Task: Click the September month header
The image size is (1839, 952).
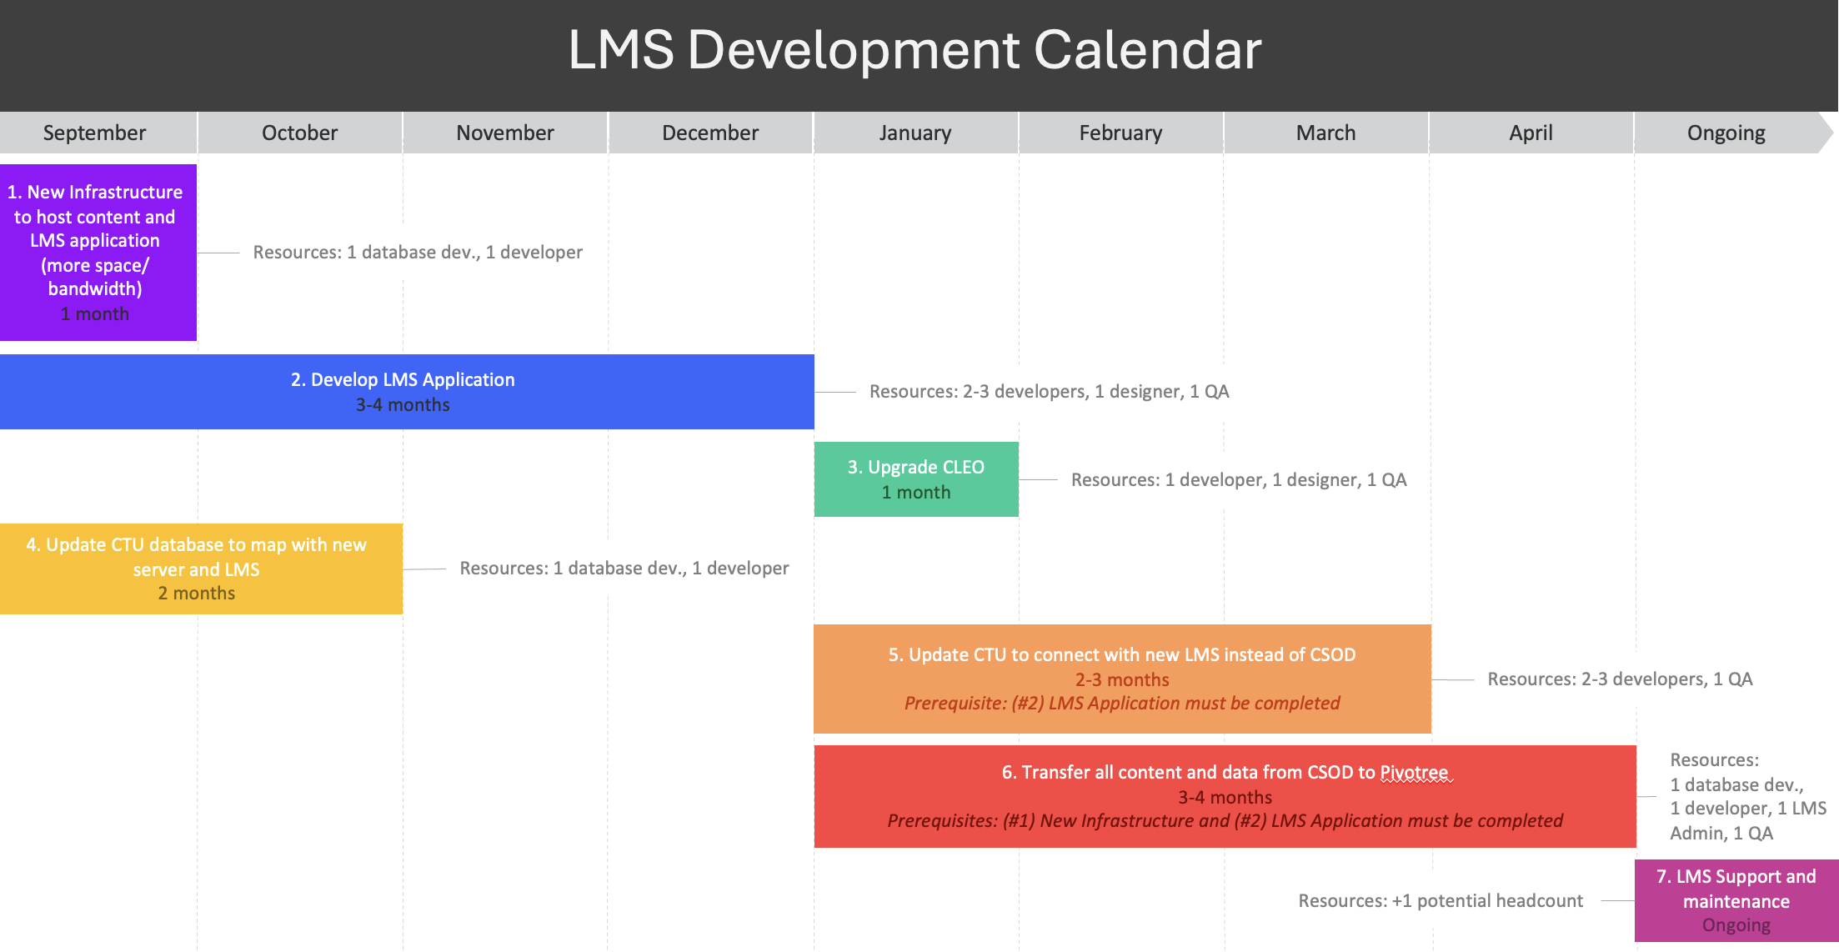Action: [94, 133]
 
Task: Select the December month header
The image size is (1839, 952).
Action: [710, 133]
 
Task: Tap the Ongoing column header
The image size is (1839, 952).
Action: [1726, 133]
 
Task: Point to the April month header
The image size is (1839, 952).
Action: [1531, 133]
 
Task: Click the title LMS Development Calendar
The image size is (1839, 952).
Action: [914, 50]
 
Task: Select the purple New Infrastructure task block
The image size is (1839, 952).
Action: [98, 253]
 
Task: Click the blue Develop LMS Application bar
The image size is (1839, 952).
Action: [407, 392]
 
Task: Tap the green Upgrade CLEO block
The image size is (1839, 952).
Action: [916, 479]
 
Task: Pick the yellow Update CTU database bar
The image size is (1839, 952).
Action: [201, 569]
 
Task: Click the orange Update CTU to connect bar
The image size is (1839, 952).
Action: [1122, 679]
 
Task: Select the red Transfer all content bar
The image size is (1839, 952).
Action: [1225, 796]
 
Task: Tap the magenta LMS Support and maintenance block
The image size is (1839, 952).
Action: [1736, 900]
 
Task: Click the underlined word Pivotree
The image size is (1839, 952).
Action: [1415, 773]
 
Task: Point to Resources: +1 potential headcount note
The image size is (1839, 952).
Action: [1441, 900]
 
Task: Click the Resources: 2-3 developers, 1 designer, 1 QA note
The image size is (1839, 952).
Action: [1049, 392]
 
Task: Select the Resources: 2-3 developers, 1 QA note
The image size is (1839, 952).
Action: [1620, 679]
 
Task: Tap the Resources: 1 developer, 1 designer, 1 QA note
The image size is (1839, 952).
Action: [1239, 480]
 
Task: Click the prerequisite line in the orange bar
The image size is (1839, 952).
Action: [1122, 704]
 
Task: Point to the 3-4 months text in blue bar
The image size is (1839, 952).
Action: [403, 405]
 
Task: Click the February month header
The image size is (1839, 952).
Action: [1120, 133]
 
